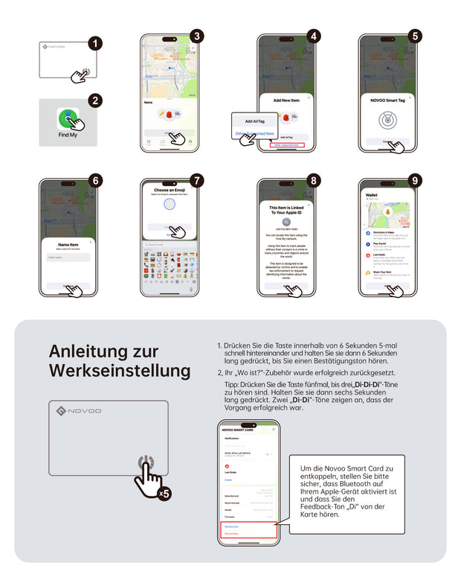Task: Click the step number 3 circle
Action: tap(196, 36)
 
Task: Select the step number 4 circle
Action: tap(314, 36)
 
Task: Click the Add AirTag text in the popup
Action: tap(254, 121)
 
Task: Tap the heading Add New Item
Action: tap(286, 99)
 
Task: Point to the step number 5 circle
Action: tap(414, 36)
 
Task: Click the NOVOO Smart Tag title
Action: tap(387, 99)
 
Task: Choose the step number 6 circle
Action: tap(94, 181)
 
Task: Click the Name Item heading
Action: tap(68, 243)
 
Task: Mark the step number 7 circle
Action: tap(196, 181)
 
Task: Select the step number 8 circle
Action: tap(314, 181)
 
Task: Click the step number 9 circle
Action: tap(414, 181)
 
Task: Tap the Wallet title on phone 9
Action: tap(373, 196)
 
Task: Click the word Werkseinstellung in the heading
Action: tap(119, 370)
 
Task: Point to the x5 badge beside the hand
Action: tap(164, 494)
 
